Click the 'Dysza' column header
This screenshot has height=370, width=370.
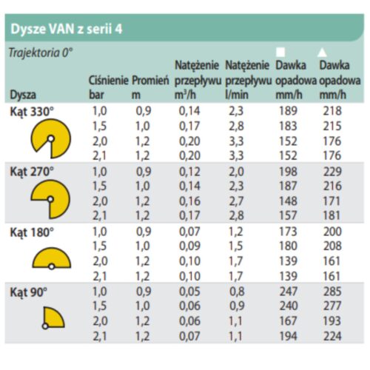(23, 94)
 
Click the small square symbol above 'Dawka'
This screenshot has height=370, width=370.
(280, 52)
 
